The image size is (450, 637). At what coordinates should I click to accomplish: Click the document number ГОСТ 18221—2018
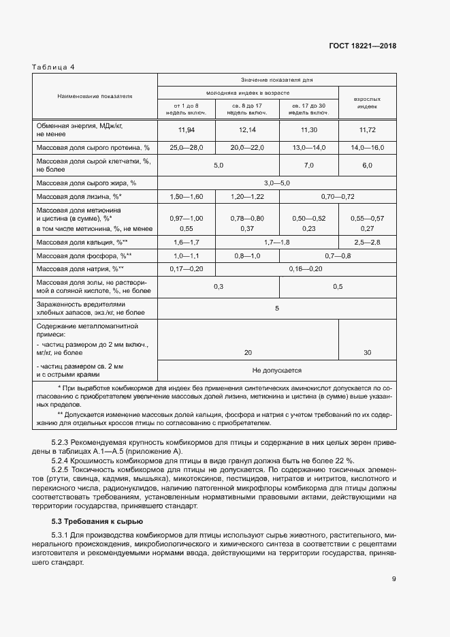[361, 46]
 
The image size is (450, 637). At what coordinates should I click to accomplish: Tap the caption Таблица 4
[54, 67]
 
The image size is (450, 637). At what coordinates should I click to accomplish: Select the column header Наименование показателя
[95, 96]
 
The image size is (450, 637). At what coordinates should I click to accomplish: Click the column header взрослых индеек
[366, 103]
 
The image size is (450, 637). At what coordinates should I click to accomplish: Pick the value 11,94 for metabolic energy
[186, 129]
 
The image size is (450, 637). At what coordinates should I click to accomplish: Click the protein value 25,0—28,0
[186, 147]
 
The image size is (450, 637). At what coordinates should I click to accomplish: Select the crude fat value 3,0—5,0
[276, 183]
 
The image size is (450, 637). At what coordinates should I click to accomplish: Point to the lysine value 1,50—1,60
[186, 196]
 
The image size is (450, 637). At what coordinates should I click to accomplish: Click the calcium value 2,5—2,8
[366, 242]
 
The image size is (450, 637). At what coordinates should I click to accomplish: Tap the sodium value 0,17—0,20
[186, 269]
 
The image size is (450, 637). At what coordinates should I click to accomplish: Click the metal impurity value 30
[368, 352]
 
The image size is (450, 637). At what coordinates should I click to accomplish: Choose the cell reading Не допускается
[276, 370]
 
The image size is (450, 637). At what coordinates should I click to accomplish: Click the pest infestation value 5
[276, 309]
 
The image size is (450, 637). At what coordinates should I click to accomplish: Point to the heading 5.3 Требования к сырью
[87, 521]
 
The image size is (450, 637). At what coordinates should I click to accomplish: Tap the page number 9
[393, 580]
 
